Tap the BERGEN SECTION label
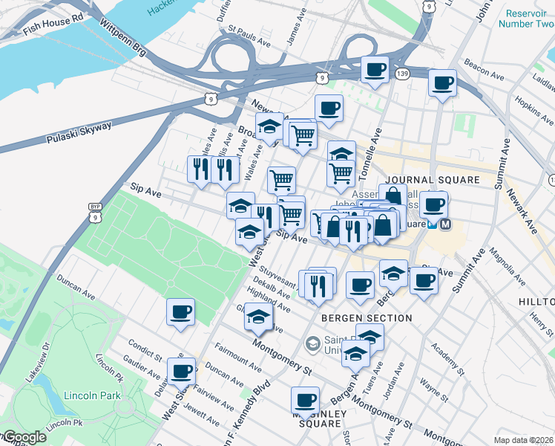coord(366,318)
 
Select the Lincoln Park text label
coord(92,395)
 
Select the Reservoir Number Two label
coord(529,19)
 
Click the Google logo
coord(24,438)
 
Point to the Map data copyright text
coord(524,440)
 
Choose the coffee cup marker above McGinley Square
coord(305,400)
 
